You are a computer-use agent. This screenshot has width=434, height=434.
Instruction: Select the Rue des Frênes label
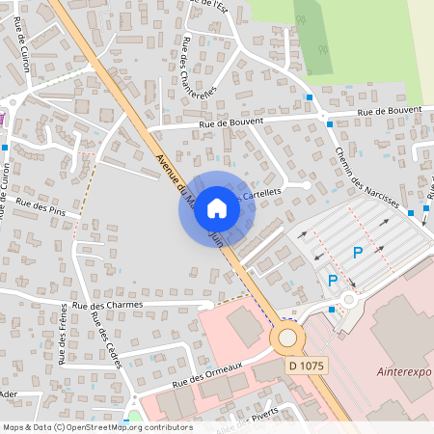click(64, 334)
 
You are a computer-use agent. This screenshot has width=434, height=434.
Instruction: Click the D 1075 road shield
click(307, 366)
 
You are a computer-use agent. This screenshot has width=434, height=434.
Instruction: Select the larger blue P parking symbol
click(357, 253)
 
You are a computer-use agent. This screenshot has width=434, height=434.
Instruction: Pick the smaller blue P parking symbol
click(333, 281)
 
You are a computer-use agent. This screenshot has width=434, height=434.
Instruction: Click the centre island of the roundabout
click(287, 339)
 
